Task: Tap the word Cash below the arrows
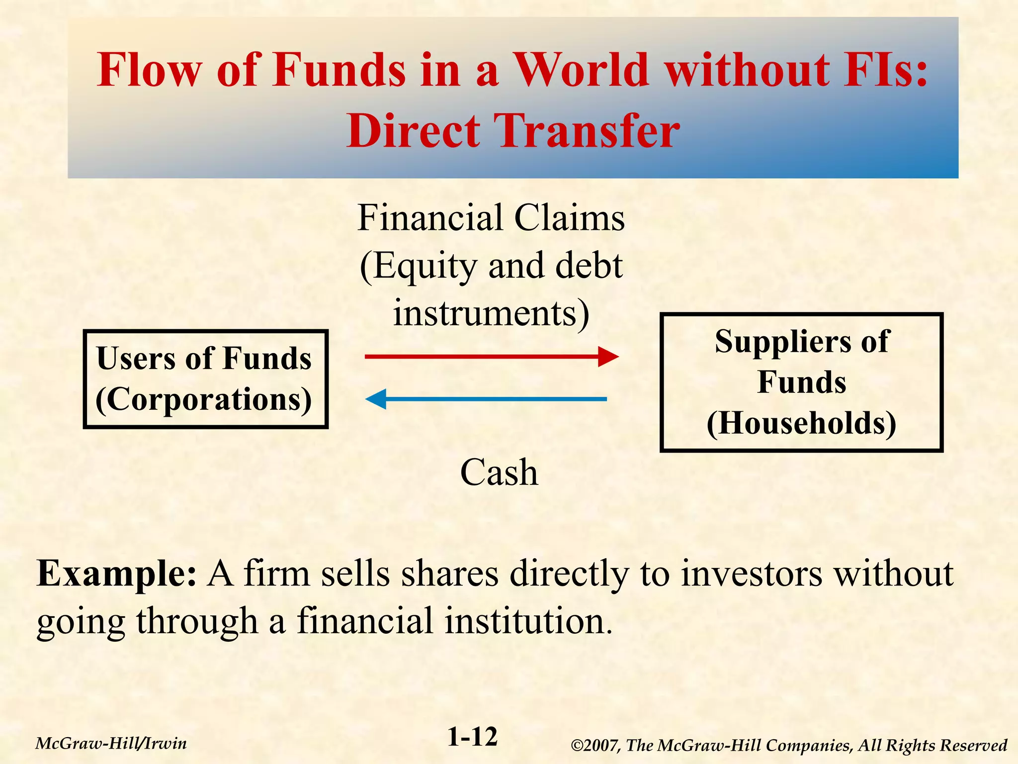[499, 472]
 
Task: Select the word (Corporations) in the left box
[204, 399]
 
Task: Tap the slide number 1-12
[472, 737]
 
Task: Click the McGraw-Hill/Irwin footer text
[111, 744]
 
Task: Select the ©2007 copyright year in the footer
[594, 745]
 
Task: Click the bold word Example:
[117, 573]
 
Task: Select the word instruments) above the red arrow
[491, 313]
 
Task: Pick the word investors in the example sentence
[751, 573]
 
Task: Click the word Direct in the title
[414, 130]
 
